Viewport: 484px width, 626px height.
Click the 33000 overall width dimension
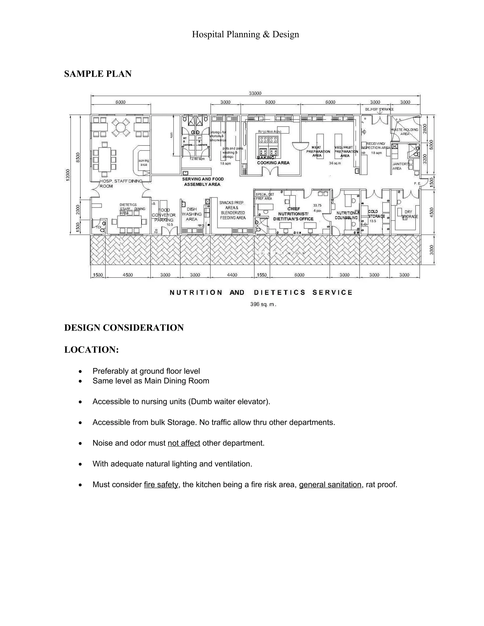(255, 93)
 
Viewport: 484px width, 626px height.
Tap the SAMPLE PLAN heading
(98, 74)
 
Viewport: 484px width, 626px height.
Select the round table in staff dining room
(121, 127)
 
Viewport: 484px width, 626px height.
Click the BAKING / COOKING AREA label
(273, 160)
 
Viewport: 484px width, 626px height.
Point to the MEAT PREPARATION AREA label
(317, 151)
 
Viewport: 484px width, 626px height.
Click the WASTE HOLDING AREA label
(405, 132)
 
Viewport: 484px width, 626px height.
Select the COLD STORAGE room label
(376, 214)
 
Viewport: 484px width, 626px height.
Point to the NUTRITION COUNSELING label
(346, 215)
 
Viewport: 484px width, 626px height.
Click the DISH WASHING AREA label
(191, 214)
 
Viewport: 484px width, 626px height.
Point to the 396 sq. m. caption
(263, 304)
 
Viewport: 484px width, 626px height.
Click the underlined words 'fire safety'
(161, 485)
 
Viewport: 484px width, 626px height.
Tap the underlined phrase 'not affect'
(184, 443)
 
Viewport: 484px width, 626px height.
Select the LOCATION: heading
(91, 350)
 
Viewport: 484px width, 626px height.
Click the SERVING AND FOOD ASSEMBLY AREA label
(203, 181)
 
